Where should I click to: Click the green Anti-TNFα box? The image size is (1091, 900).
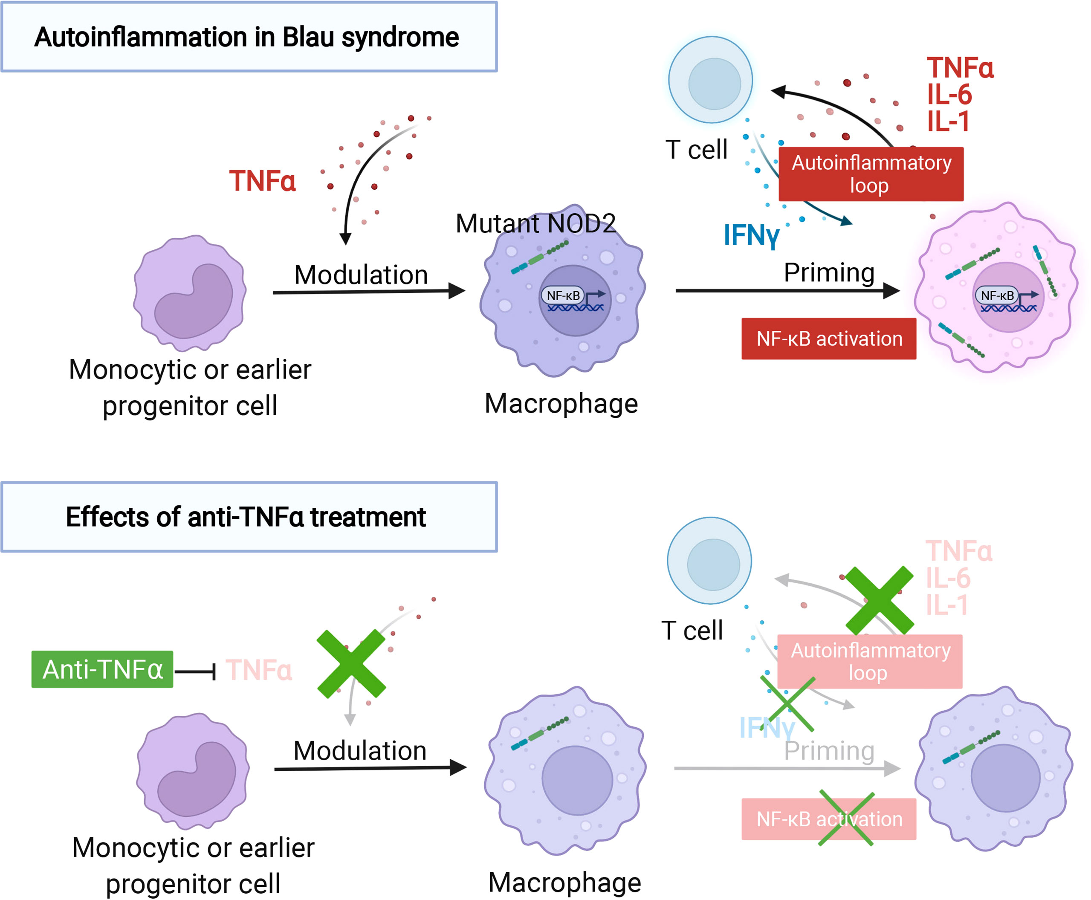[102, 669]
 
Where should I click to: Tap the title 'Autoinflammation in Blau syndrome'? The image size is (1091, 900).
[247, 38]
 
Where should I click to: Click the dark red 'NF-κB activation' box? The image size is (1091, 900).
[829, 339]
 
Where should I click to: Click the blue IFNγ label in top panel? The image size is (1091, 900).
[751, 235]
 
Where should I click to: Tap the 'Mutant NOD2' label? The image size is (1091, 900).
[535, 224]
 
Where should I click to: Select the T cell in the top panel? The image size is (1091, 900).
[711, 80]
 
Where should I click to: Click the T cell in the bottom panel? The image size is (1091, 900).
[709, 561]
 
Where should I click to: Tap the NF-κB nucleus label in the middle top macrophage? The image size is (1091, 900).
[563, 295]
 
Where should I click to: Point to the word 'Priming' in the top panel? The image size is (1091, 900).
[829, 273]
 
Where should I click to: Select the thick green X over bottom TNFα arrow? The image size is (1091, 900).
[351, 664]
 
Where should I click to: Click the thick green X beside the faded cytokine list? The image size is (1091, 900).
[879, 600]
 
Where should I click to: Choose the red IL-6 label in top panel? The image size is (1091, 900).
[949, 95]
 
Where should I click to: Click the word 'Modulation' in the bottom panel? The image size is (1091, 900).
[360, 751]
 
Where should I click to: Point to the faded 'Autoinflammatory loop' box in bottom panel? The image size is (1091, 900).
[870, 662]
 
